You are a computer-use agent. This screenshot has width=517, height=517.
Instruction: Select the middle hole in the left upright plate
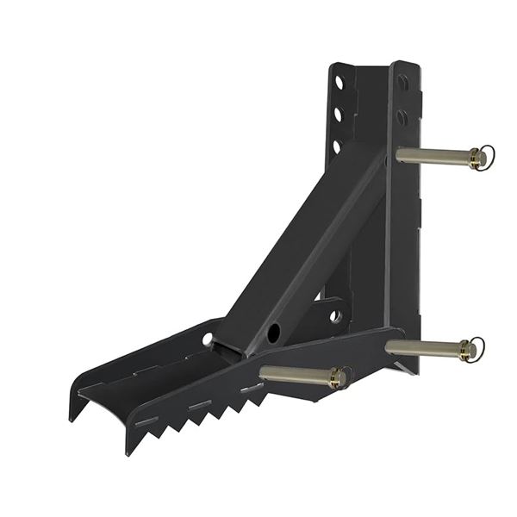(339, 114)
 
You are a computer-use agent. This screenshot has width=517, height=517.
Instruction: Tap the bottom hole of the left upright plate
(338, 144)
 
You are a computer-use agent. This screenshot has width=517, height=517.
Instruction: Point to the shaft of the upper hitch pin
(431, 156)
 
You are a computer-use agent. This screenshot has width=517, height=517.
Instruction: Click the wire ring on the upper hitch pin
(485, 157)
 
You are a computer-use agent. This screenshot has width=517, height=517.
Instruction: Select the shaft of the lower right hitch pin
(422, 346)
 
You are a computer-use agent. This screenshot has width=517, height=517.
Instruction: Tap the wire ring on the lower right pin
(475, 348)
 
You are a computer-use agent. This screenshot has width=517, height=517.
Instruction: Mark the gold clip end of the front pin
(339, 377)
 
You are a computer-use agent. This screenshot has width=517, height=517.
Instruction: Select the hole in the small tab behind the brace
(334, 316)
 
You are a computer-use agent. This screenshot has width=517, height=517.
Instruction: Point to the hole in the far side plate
(208, 339)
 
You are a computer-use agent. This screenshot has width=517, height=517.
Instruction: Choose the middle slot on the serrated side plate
(200, 404)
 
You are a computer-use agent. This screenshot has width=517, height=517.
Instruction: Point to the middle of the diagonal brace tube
(302, 250)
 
